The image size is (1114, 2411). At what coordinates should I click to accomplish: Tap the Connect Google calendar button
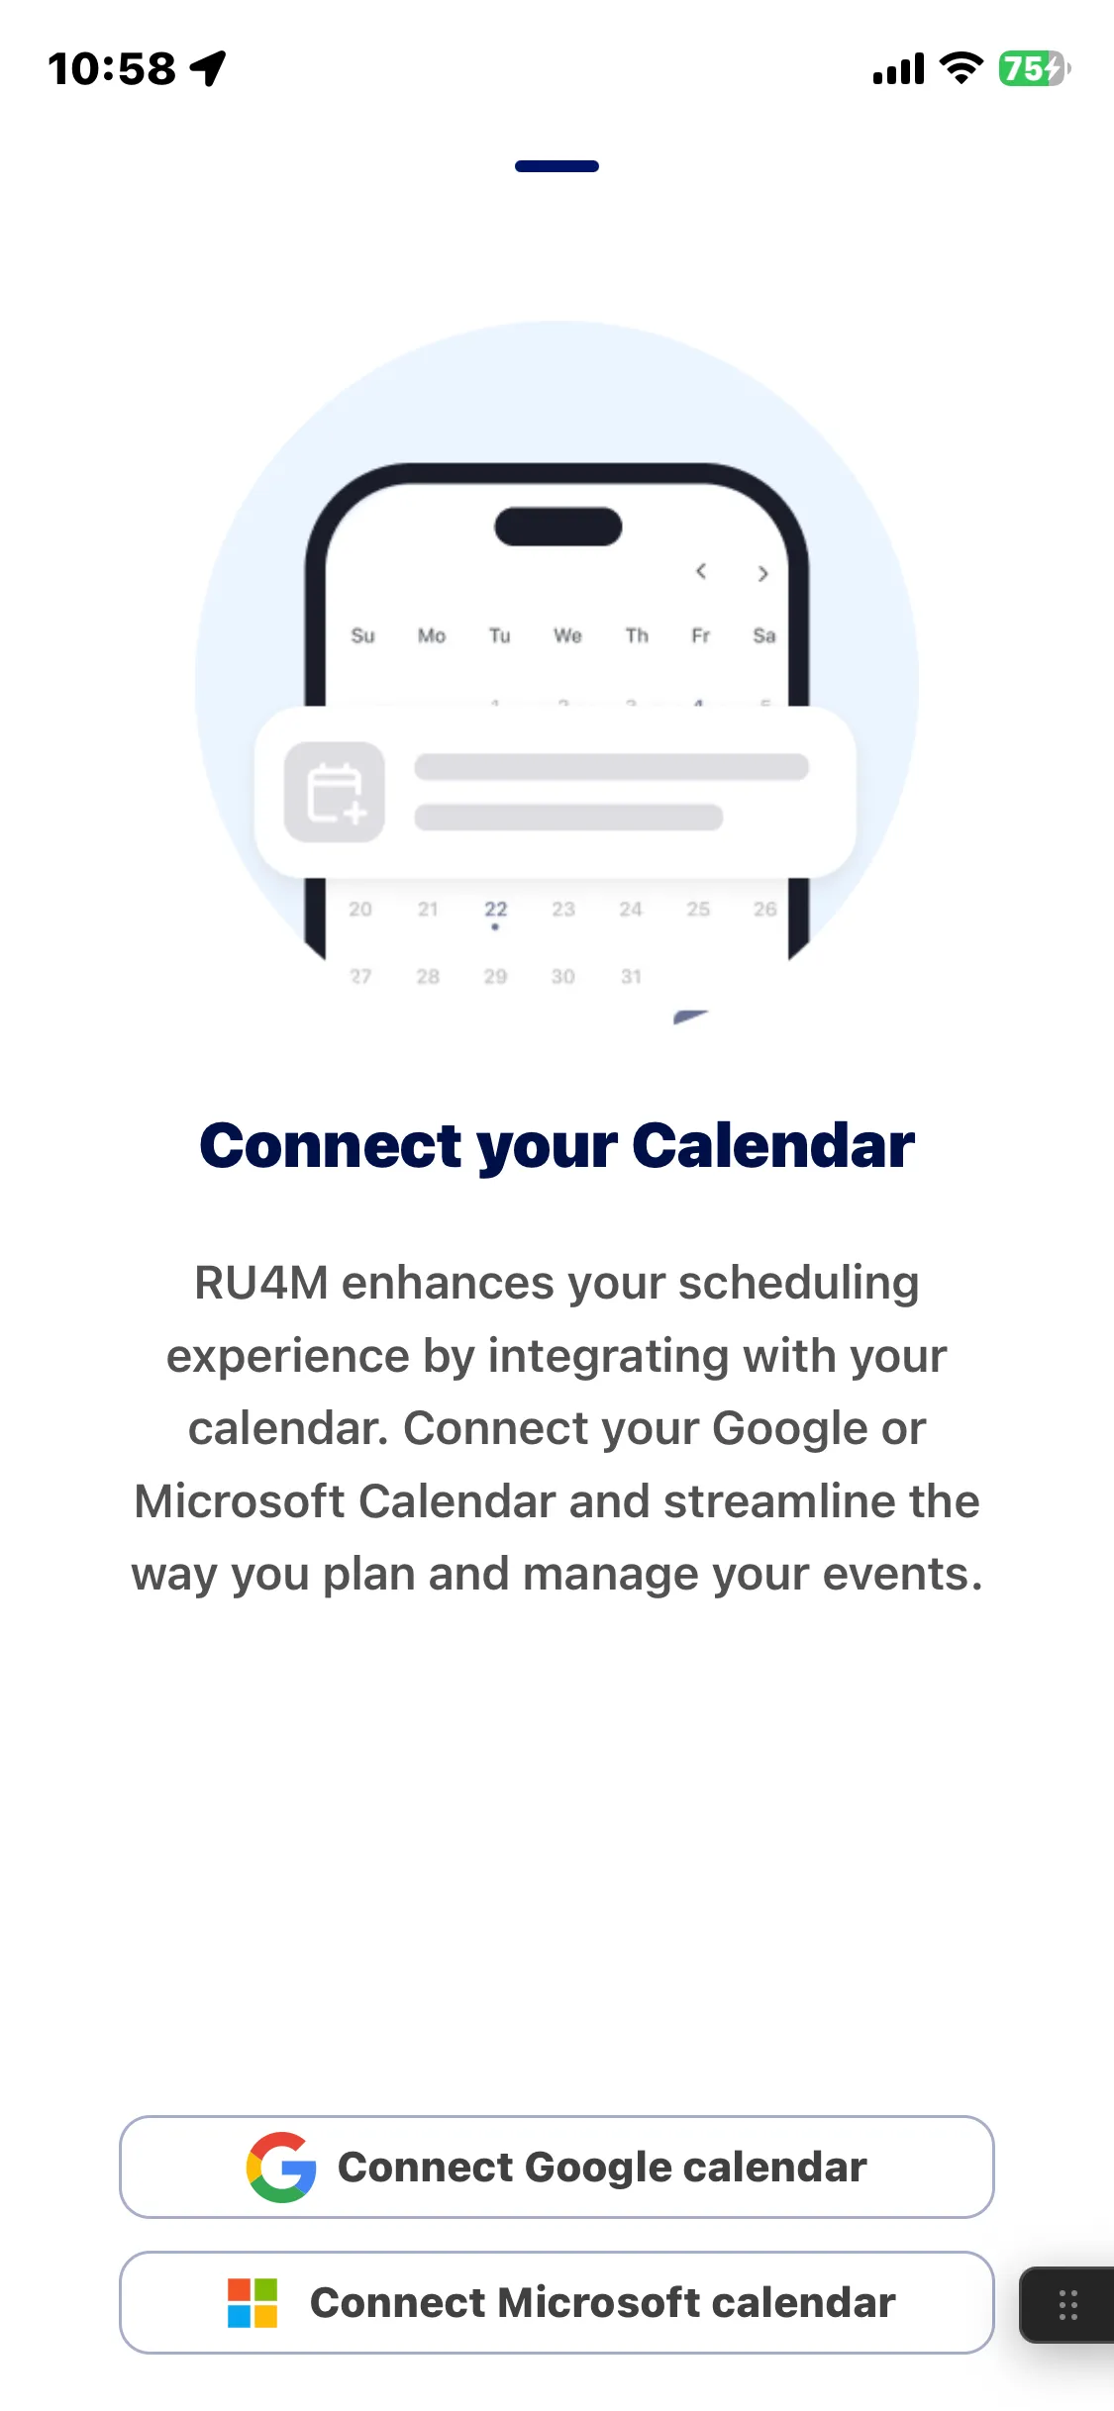click(557, 2167)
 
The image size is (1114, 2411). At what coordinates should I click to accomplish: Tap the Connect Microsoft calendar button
click(557, 2302)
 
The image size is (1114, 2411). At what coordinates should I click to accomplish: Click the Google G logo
click(281, 2167)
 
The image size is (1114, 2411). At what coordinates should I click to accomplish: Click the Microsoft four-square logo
click(253, 2302)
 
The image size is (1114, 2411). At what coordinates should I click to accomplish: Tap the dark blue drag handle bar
click(557, 166)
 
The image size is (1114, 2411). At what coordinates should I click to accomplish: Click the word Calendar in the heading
click(773, 1145)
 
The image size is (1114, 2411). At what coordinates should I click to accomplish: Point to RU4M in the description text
click(261, 1283)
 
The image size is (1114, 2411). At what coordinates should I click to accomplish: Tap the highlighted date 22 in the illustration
click(495, 909)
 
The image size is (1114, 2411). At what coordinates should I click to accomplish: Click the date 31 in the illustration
click(631, 976)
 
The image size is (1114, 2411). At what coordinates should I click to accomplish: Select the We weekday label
click(567, 635)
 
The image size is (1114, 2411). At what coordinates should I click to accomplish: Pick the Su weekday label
click(362, 635)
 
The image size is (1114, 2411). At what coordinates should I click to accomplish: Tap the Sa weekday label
click(763, 635)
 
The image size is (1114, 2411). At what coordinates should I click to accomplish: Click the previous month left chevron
click(700, 571)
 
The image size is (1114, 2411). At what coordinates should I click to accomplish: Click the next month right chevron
click(762, 573)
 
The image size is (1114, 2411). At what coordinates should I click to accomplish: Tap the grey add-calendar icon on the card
click(335, 792)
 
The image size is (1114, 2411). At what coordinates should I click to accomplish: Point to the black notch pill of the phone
click(558, 527)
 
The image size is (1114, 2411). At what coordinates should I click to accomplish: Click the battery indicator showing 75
click(1034, 68)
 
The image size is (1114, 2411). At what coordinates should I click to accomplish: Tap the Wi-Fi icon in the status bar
click(961, 68)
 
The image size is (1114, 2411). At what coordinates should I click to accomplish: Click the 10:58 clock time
click(112, 69)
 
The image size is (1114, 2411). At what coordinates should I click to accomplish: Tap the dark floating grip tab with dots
click(1067, 2305)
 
